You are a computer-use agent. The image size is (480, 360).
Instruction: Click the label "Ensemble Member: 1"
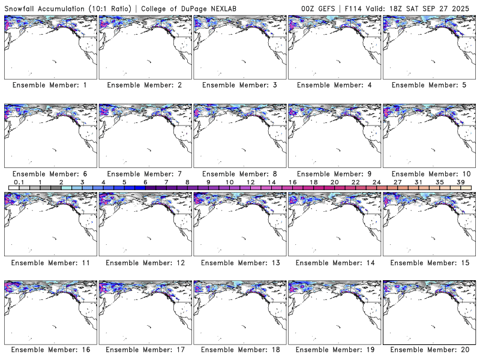click(x=49, y=85)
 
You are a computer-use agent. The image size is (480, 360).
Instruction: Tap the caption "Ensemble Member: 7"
click(x=144, y=173)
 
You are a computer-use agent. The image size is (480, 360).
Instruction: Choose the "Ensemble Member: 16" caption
click(x=49, y=350)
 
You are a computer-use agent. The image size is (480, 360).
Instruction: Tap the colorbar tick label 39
click(x=461, y=182)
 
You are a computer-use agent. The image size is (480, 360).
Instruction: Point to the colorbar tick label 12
click(x=251, y=182)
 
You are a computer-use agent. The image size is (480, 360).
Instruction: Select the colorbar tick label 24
click(x=377, y=182)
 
